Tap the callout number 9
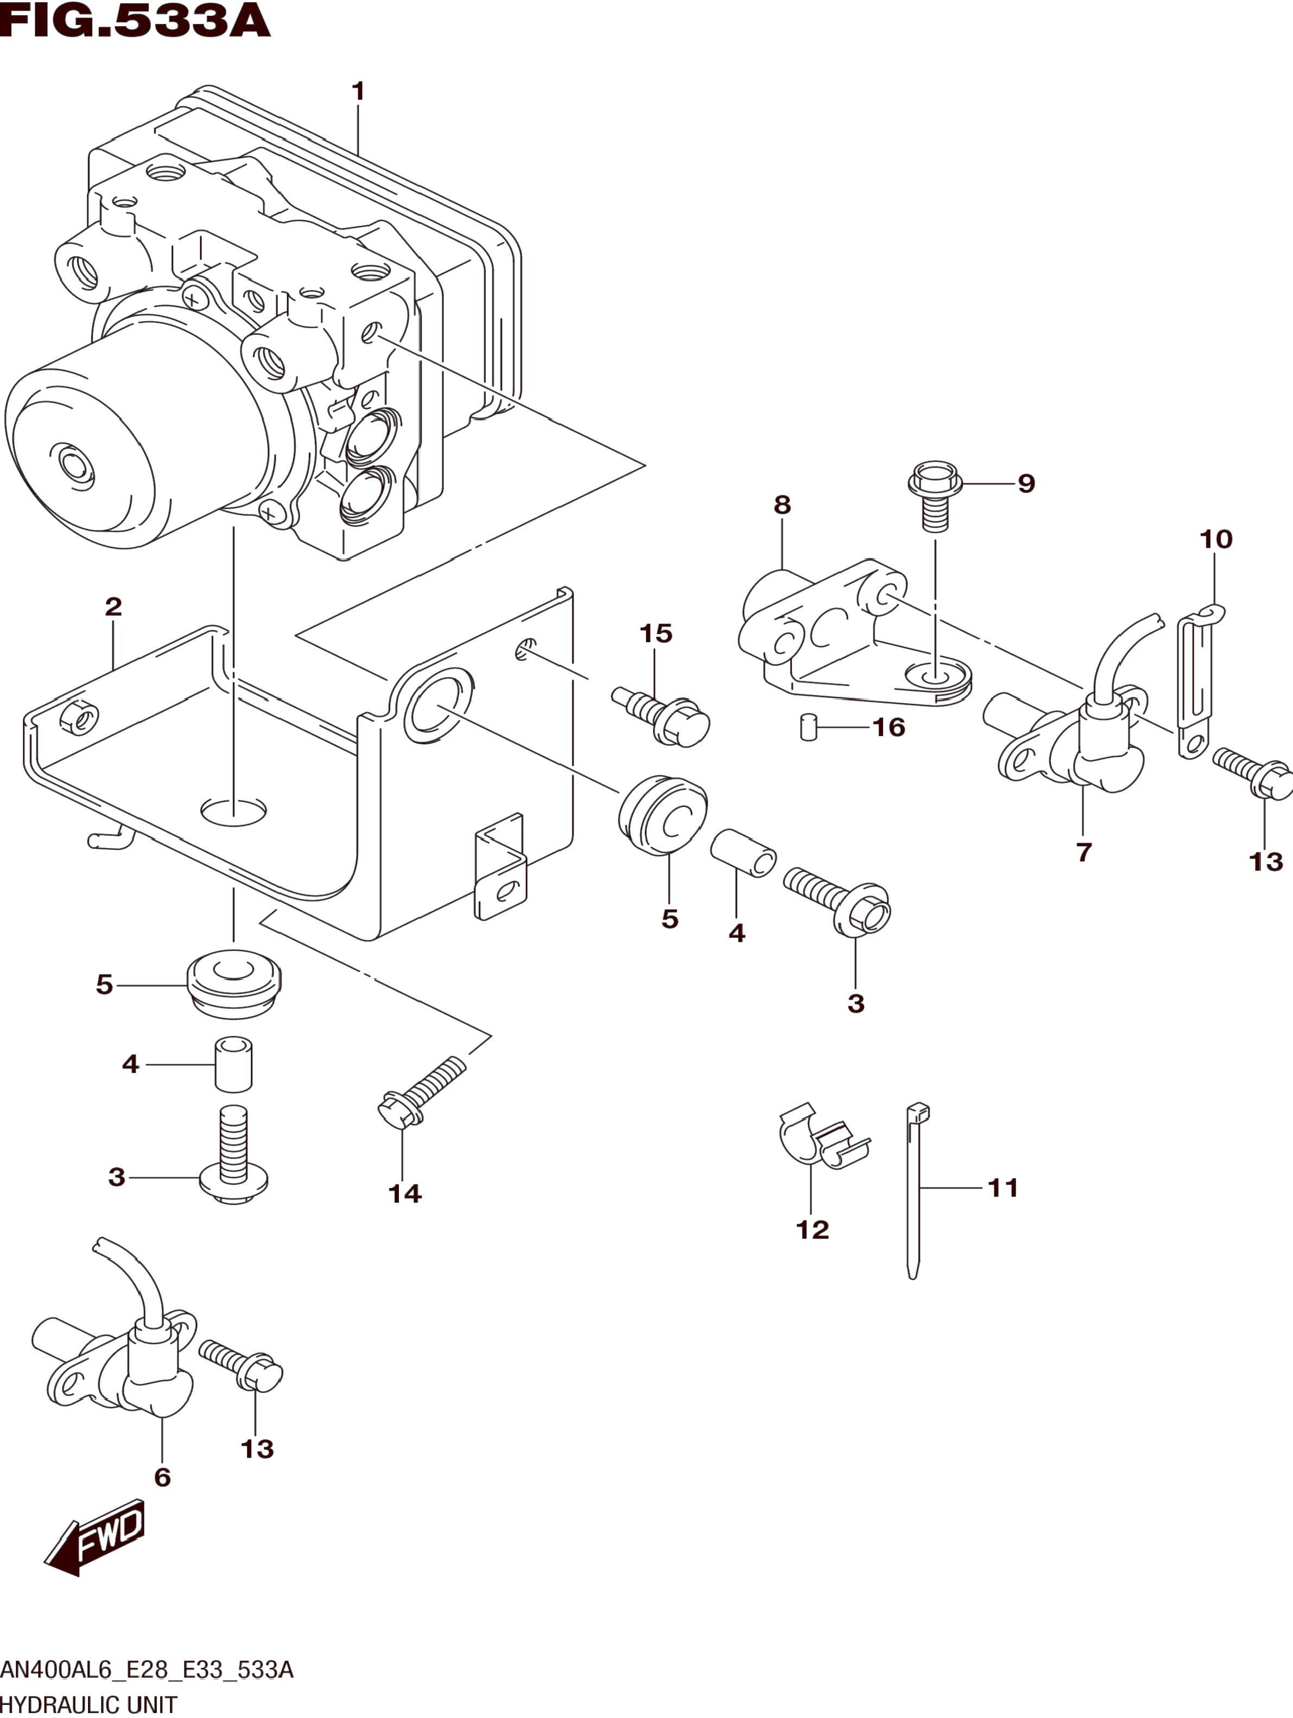(x=1026, y=483)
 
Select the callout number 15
(x=656, y=634)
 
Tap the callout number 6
(x=162, y=1477)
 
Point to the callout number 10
(x=1216, y=539)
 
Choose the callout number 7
(x=1084, y=852)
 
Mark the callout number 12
(x=813, y=1230)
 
